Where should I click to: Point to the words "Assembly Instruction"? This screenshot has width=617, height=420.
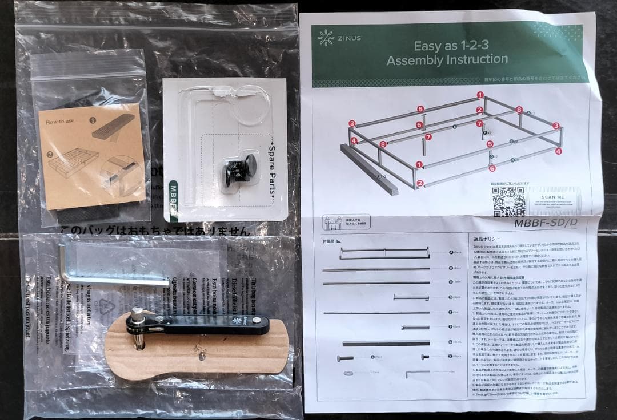click(447, 60)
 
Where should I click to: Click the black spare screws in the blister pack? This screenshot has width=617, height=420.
click(238, 169)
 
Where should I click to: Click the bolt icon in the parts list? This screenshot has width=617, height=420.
click(346, 358)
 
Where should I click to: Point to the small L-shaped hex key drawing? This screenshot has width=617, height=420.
click(416, 373)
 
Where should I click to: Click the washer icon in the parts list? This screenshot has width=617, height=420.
click(348, 373)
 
